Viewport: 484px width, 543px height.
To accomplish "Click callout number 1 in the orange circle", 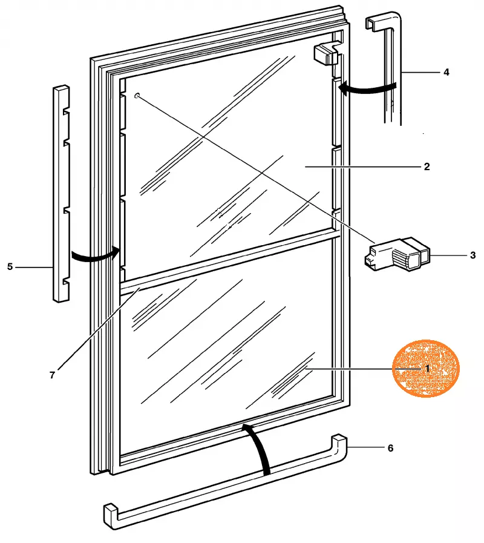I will (427, 368).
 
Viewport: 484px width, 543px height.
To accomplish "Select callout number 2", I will (427, 166).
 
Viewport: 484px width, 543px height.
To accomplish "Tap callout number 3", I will (473, 255).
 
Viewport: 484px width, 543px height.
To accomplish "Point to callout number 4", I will (446, 73).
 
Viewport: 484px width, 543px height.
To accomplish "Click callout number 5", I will (10, 266).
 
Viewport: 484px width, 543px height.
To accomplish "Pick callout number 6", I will (390, 448).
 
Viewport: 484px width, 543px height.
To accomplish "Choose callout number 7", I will (52, 375).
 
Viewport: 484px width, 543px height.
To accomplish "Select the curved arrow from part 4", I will (366, 88).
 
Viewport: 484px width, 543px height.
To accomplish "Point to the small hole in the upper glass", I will (138, 96).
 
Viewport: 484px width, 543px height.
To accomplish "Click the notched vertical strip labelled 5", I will (60, 194).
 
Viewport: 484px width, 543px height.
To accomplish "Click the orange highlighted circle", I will (427, 368).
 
